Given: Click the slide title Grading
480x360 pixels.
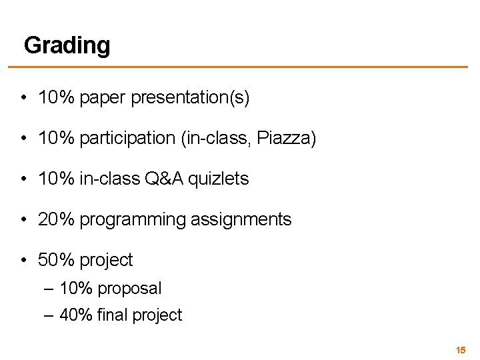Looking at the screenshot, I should pyautogui.click(x=67, y=46).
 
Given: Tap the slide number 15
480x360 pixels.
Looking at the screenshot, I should pyautogui.click(x=460, y=349).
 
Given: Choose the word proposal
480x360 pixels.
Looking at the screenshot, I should pyautogui.click(x=129, y=289).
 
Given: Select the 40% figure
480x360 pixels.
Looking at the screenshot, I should pyautogui.click(x=76, y=315).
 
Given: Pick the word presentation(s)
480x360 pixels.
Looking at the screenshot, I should pyautogui.click(x=191, y=99).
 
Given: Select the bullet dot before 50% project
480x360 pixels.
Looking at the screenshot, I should pyautogui.click(x=23, y=259).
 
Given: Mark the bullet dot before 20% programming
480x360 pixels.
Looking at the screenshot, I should pyautogui.click(x=23, y=219).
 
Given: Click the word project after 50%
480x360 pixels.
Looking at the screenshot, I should pyautogui.click(x=106, y=259).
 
